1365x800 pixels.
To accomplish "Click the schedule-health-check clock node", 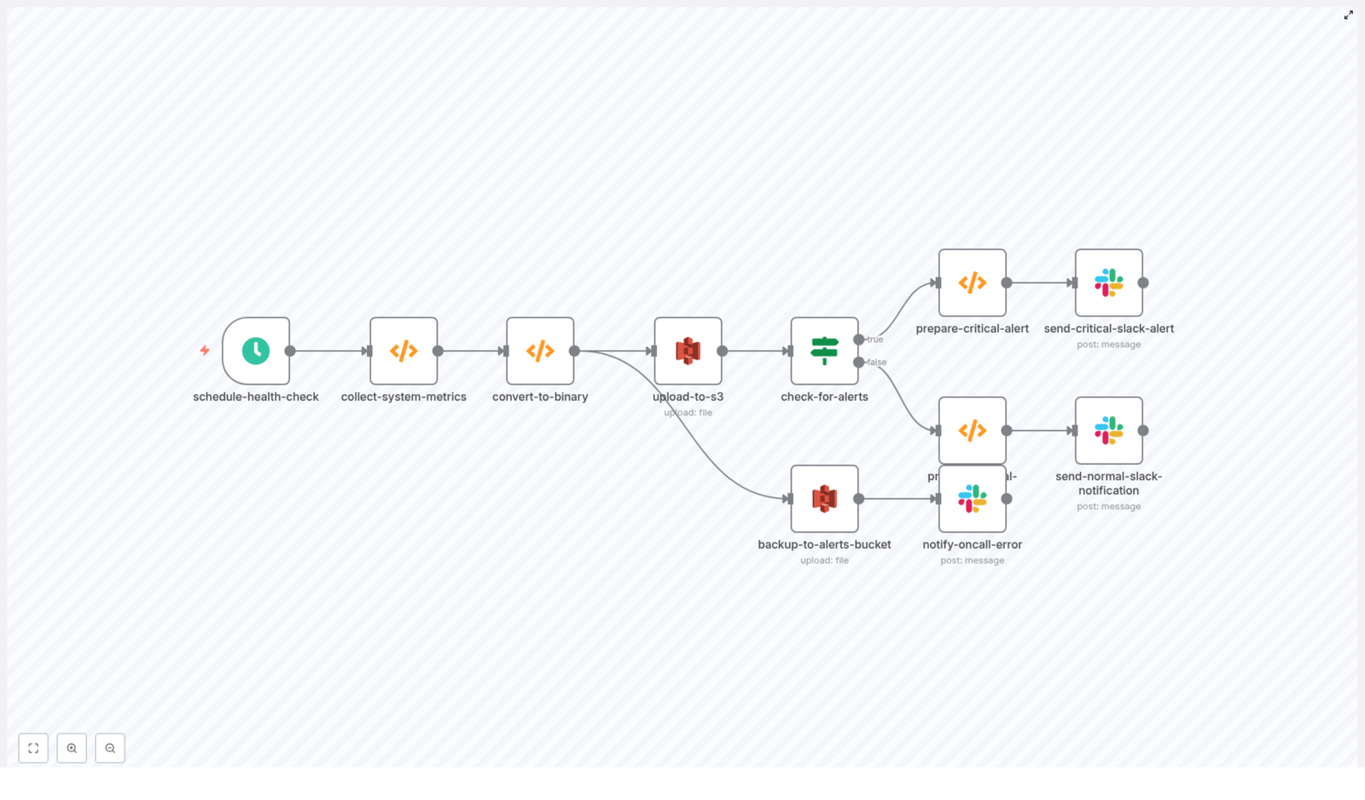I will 256,351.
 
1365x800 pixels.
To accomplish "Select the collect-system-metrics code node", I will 404,351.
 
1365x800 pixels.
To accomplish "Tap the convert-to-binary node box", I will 540,351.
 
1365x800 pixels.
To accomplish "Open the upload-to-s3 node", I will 688,351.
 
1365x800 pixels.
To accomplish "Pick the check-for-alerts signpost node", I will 824,351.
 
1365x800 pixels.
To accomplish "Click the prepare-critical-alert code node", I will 973,282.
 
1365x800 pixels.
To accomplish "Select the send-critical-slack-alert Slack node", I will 1109,282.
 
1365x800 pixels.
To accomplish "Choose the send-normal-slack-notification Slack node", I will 1109,430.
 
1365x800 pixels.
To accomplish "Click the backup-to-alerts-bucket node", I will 824,498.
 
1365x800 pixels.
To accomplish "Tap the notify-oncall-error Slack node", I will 973,498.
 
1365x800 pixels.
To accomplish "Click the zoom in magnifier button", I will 72,748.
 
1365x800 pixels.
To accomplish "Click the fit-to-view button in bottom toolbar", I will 33,748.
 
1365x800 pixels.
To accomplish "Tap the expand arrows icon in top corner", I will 1349,14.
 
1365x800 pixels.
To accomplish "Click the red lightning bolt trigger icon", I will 205,350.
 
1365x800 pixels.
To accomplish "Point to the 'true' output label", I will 875,339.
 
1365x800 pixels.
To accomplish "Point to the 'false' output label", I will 877,362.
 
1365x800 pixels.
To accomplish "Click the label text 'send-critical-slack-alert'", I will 1109,328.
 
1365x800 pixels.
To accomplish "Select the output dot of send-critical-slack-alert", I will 1143,282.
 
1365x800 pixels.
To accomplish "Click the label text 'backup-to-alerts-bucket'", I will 824,544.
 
